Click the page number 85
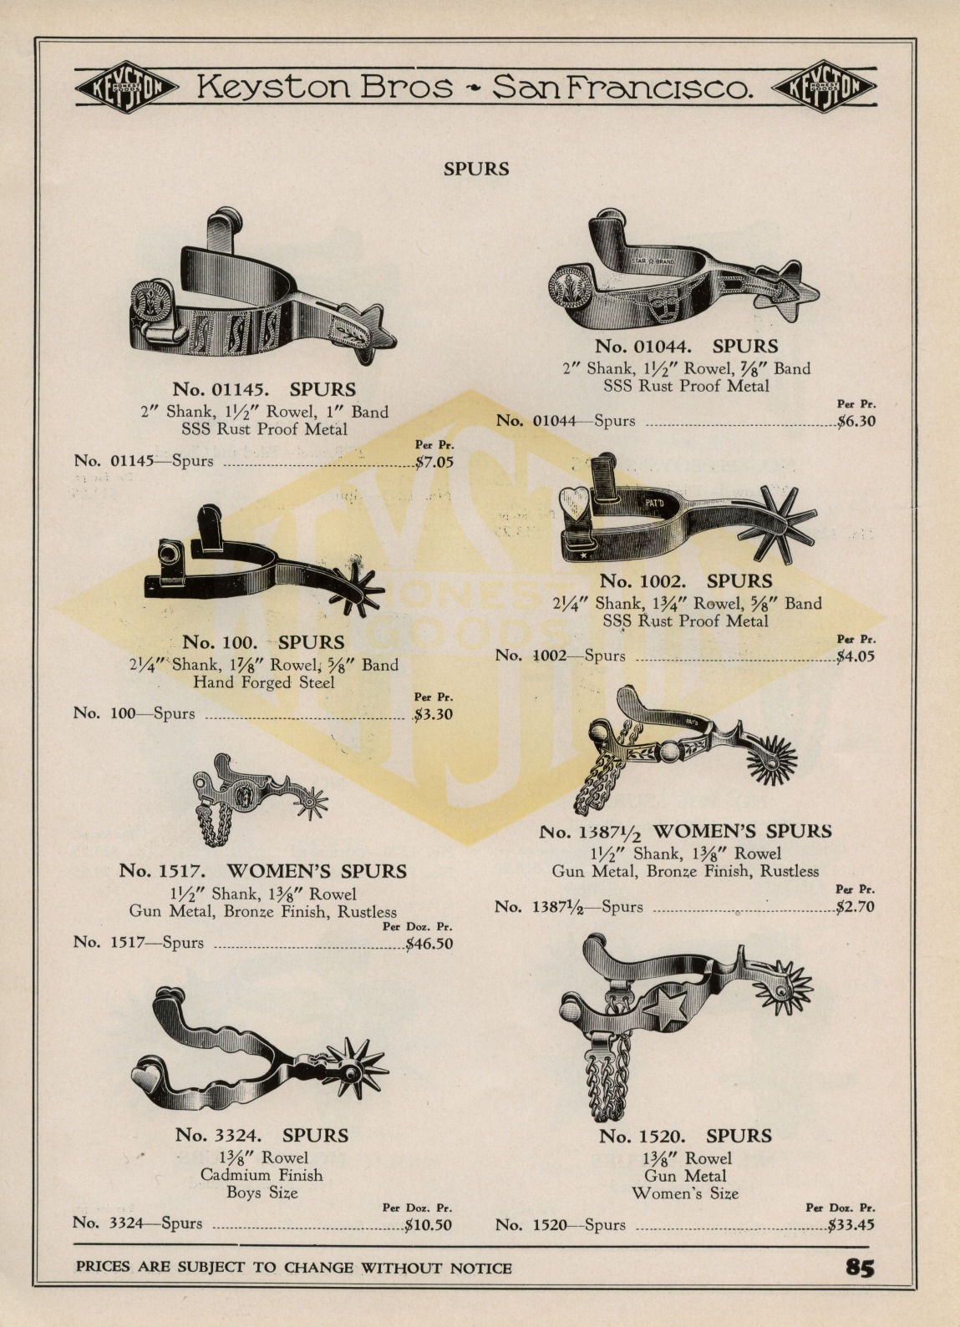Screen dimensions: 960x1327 860,1268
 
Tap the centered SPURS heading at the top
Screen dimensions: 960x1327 476,170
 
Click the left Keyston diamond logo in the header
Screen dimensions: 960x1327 127,87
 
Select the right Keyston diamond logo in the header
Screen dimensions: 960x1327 825,87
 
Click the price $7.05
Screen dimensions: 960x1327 434,462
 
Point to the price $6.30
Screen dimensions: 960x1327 856,422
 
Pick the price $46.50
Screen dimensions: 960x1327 429,944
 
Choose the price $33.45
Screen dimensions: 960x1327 851,1225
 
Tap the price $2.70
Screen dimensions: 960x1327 856,907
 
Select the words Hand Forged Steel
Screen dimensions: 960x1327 264,682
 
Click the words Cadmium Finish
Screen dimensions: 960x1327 262,1175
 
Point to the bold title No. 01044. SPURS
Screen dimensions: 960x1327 686,346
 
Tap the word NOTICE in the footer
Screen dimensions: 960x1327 480,1269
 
